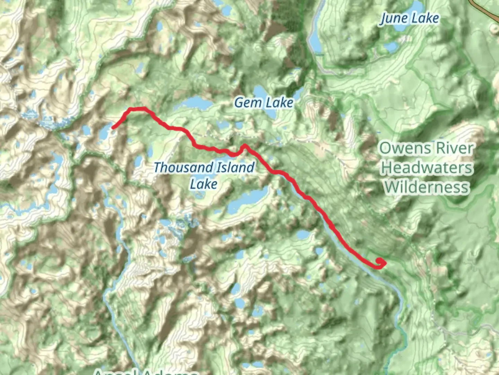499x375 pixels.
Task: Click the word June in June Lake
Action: tap(393, 18)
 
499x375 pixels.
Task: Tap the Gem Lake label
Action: tap(264, 103)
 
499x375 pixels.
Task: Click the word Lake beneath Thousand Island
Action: tap(203, 184)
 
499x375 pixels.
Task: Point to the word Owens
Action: tap(403, 149)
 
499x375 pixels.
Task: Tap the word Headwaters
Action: tap(426, 168)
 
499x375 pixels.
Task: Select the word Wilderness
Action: tap(426, 187)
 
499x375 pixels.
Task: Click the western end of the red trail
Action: tap(113, 128)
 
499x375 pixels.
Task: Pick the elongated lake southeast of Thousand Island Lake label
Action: tap(248, 201)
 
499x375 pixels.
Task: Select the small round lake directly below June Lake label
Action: tap(391, 47)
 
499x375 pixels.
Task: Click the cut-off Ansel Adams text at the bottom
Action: tap(146, 372)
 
